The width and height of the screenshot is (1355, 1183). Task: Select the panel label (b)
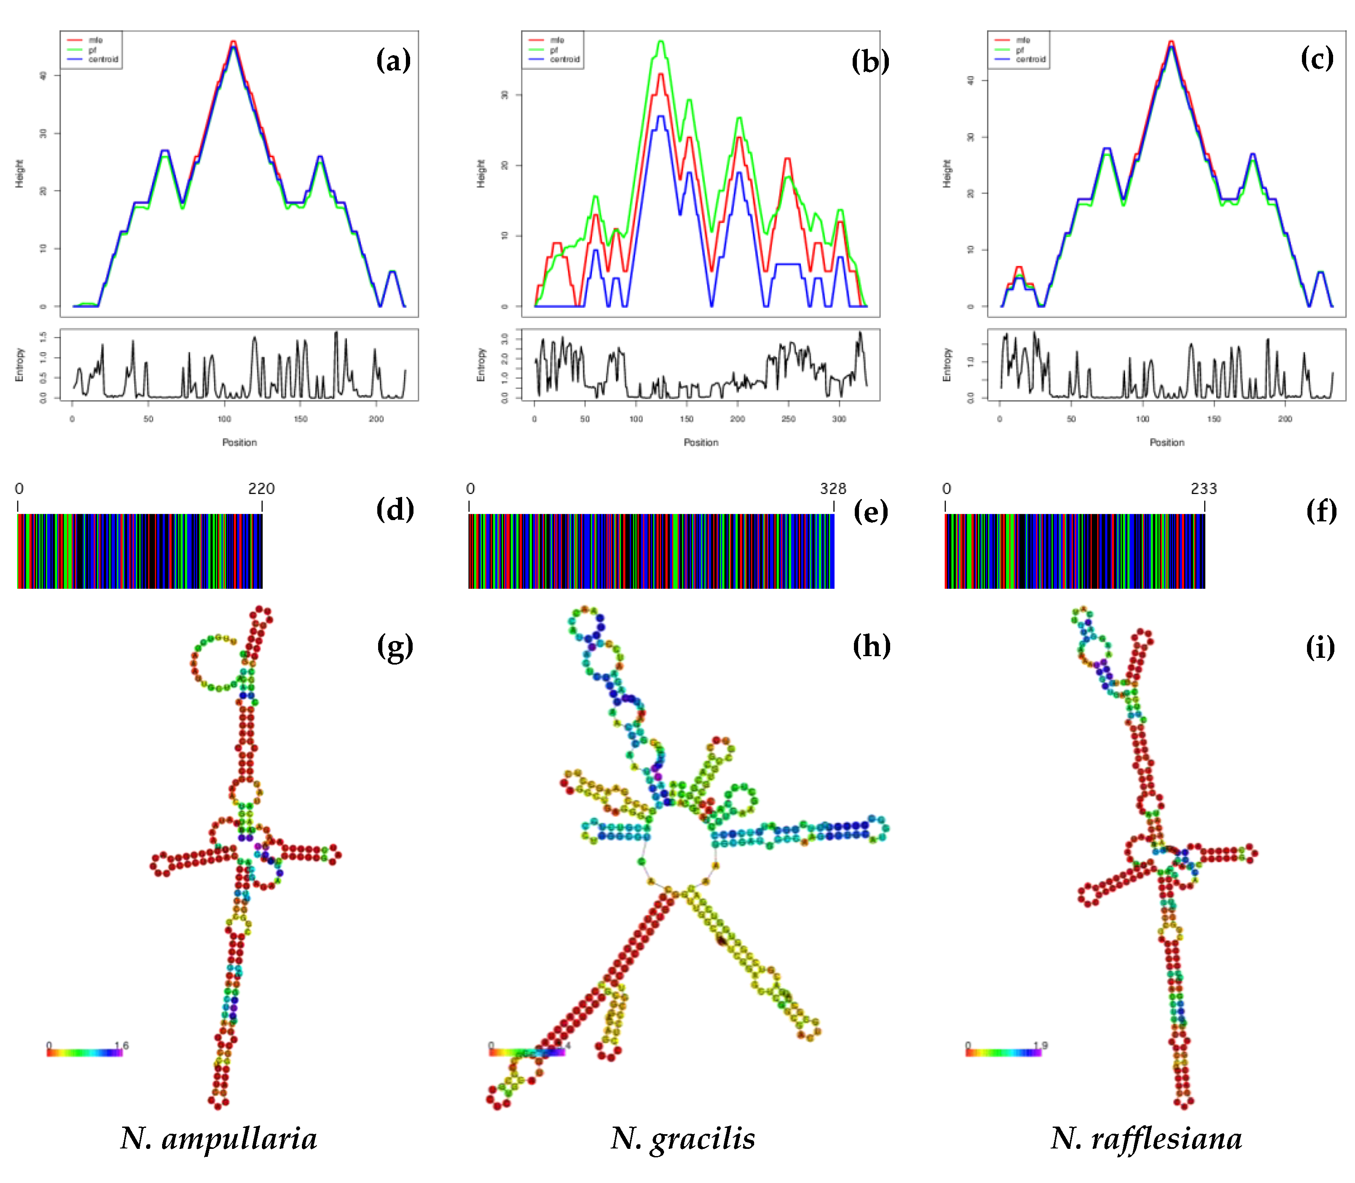pyautogui.click(x=870, y=62)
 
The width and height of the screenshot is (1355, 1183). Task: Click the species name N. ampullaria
pyautogui.click(x=219, y=1138)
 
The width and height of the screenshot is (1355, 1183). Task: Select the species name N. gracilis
pyautogui.click(x=683, y=1138)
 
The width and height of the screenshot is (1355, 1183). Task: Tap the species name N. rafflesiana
pyautogui.click(x=1147, y=1138)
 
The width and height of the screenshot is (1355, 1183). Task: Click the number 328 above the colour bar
pyautogui.click(x=832, y=489)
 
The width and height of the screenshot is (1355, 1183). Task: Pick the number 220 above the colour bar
pyautogui.click(x=261, y=489)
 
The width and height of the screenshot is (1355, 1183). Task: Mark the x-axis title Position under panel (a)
pyautogui.click(x=239, y=442)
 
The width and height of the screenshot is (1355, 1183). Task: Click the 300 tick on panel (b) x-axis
pyautogui.click(x=838, y=419)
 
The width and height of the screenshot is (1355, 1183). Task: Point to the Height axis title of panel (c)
pyautogui.click(x=947, y=174)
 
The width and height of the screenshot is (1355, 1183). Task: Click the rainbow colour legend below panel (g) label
pyautogui.click(x=85, y=1052)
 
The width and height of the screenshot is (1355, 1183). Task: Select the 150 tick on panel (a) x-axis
pyautogui.click(x=300, y=419)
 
